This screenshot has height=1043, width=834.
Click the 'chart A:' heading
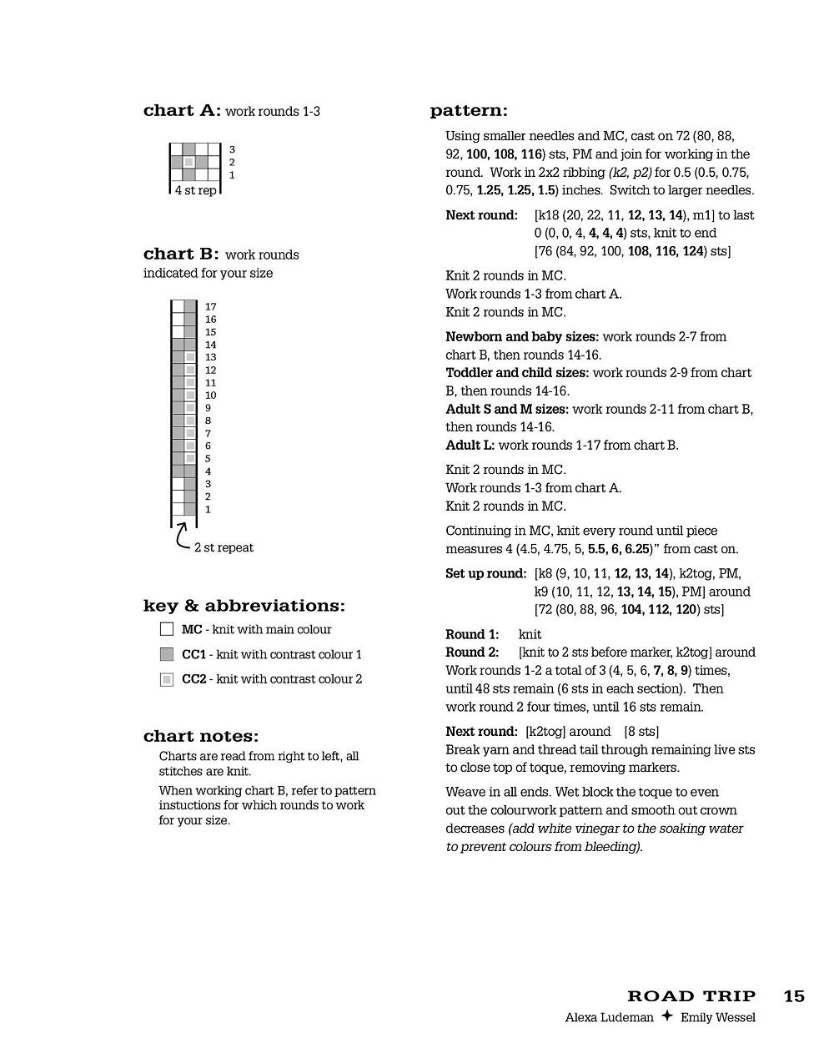pyautogui.click(x=182, y=111)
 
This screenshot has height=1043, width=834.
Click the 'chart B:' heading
pyautogui.click(x=181, y=254)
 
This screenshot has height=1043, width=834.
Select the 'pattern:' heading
pyautogui.click(x=469, y=111)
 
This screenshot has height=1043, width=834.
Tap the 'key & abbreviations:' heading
pyautogui.click(x=244, y=606)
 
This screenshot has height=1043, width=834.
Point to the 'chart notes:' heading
pyautogui.click(x=201, y=736)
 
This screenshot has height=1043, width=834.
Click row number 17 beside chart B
pyautogui.click(x=210, y=307)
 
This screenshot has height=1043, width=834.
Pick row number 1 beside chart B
pyautogui.click(x=208, y=509)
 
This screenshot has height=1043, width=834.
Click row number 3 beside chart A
pyautogui.click(x=232, y=149)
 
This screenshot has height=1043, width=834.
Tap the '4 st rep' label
pyautogui.click(x=195, y=190)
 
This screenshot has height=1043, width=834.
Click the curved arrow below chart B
pyautogui.click(x=183, y=537)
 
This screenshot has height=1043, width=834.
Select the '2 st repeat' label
pyautogui.click(x=224, y=547)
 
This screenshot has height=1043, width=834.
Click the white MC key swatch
pyautogui.click(x=167, y=629)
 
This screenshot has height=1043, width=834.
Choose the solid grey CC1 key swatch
pyautogui.click(x=167, y=654)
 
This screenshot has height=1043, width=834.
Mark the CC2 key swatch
pyautogui.click(x=167, y=679)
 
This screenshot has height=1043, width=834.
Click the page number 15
pyautogui.click(x=794, y=995)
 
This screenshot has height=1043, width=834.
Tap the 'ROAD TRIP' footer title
pyautogui.click(x=691, y=995)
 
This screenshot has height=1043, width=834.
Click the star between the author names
pyautogui.click(x=666, y=1016)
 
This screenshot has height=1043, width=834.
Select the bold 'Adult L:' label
pyautogui.click(x=470, y=445)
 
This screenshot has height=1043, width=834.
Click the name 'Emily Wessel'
pyautogui.click(x=717, y=1017)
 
